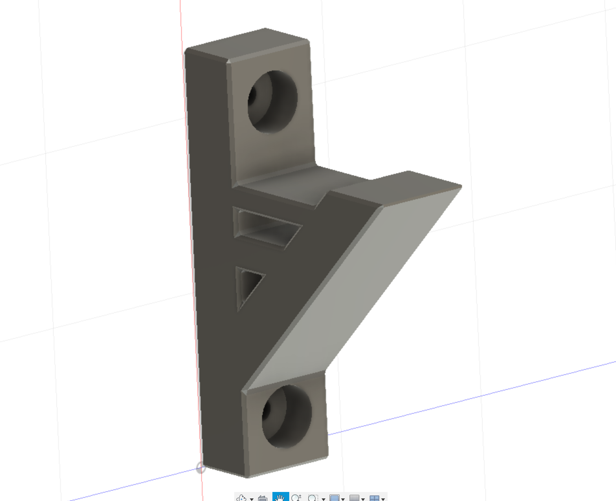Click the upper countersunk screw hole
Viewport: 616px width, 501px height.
click(x=272, y=101)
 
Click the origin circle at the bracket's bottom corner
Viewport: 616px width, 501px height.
click(x=201, y=468)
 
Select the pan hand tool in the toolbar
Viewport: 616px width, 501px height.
click(x=280, y=497)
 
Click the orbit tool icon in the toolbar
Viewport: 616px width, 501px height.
click(x=241, y=498)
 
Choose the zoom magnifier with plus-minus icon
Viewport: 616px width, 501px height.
click(x=296, y=498)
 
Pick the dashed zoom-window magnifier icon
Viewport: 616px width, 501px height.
click(x=313, y=498)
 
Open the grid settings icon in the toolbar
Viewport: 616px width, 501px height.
click(x=354, y=498)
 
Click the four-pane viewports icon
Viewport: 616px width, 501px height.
click(x=374, y=498)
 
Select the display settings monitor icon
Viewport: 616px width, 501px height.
click(x=334, y=498)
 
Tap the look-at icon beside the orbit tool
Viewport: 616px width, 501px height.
click(x=262, y=498)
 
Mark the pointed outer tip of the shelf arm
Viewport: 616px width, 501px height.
click(x=461, y=187)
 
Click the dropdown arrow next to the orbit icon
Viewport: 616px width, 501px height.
click(x=251, y=499)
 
